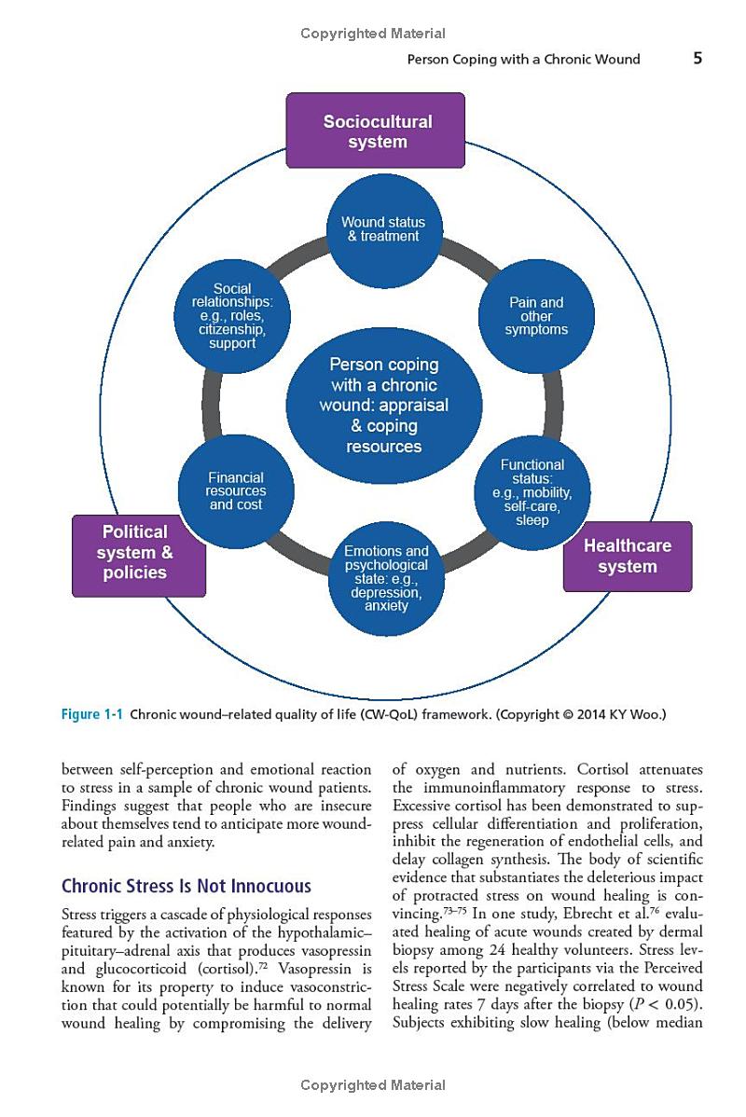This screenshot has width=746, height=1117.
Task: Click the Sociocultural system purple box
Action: [375, 131]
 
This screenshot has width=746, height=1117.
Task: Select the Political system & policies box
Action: [138, 553]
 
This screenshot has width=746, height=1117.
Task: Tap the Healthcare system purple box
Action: [627, 557]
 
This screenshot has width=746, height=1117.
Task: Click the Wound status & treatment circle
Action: [382, 229]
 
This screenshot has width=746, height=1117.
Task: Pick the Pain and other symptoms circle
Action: [535, 316]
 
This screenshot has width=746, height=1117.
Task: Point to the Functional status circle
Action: [532, 491]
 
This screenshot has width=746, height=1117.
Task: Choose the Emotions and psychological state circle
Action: [386, 578]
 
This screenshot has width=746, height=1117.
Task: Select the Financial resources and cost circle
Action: [235, 491]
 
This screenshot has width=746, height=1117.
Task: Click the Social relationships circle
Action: [232, 316]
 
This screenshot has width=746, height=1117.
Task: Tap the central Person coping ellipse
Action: [383, 406]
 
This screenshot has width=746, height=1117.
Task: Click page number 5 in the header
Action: [698, 59]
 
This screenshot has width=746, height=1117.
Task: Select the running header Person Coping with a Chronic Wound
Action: [524, 60]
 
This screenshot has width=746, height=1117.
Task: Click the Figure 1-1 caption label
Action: [92, 715]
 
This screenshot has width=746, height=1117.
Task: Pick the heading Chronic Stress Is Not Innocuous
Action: [186, 886]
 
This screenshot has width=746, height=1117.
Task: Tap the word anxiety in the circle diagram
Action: [386, 606]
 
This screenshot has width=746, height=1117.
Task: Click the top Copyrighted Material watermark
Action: [373, 34]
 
